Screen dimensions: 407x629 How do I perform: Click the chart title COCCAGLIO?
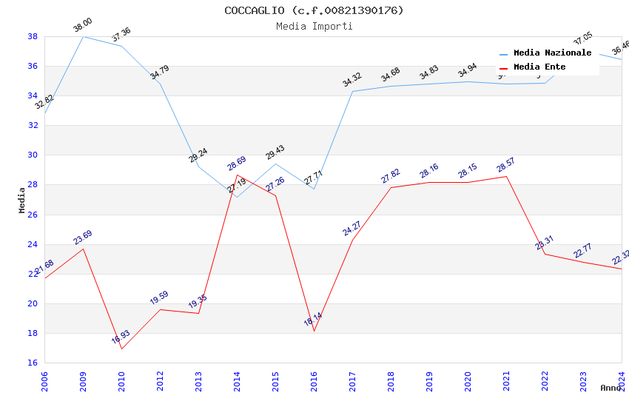pos(314,10)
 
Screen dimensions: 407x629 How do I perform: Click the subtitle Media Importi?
pos(314,26)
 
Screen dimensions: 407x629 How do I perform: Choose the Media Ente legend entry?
pos(539,67)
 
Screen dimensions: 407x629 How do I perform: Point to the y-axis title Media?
pos(22,200)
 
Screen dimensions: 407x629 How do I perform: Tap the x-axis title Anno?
pos(610,388)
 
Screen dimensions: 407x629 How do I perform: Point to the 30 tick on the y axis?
pos(33,155)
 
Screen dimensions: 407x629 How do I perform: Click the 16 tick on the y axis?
pos(33,363)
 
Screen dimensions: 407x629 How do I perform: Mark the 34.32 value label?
pos(352,80)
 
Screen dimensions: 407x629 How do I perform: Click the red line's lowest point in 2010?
pos(121,349)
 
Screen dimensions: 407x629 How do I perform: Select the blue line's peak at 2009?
pos(83,36)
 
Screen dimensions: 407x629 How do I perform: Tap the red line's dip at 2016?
pos(314,331)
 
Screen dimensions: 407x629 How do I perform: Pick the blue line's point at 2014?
pos(237,197)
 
